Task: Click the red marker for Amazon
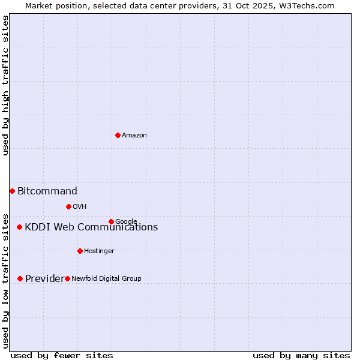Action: [x=118, y=135]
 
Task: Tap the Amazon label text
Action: [x=134, y=136]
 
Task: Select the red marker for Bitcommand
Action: [x=12, y=191]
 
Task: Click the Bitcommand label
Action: [x=47, y=191]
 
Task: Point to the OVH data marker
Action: [x=68, y=206]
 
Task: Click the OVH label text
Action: [x=80, y=207]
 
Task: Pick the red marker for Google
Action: [x=111, y=221]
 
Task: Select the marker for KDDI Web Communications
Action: [x=20, y=227]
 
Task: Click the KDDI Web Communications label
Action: [x=91, y=227]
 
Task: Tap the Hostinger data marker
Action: [x=80, y=251]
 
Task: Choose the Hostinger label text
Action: [x=99, y=251]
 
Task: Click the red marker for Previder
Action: [x=20, y=278]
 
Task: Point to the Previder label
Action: [x=44, y=278]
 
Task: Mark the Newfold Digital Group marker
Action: [x=67, y=278]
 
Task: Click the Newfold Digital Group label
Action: [x=107, y=278]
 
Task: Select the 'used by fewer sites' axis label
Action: [x=62, y=355]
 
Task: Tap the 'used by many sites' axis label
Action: [x=301, y=355]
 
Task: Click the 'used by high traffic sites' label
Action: [x=6, y=85]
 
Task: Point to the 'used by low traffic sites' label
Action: [x=6, y=280]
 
